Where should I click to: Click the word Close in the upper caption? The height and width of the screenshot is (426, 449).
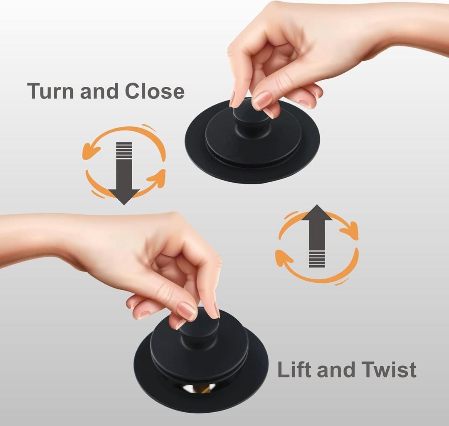[x=155, y=91]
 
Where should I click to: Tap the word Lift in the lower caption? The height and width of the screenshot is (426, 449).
[x=294, y=370]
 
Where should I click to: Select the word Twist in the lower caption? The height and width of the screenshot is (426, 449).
[x=389, y=370]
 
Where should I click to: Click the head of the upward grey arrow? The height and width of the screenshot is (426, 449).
[x=317, y=213]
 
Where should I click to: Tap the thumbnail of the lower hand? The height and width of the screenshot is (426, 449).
[x=186, y=311]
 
